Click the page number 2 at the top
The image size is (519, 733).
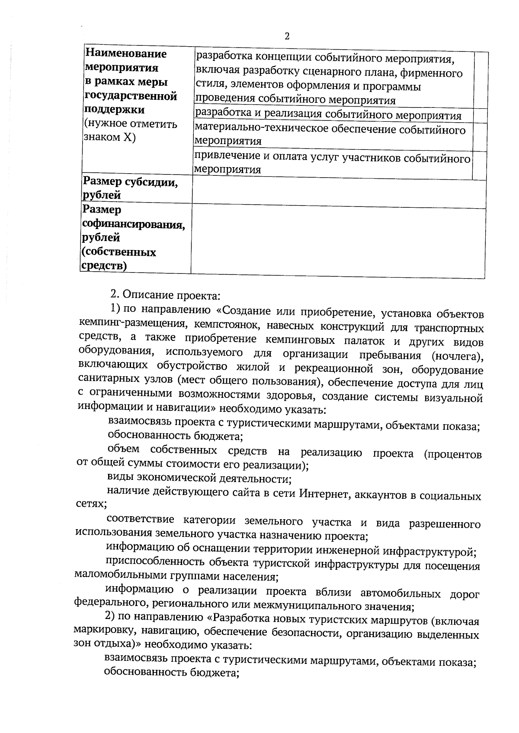point(286,36)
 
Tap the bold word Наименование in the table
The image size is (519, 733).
point(126,54)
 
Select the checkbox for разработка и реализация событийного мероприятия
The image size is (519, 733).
point(480,115)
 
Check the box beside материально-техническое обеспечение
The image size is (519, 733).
point(480,136)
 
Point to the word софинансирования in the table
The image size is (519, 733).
point(133,224)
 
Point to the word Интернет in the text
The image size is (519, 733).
point(324,495)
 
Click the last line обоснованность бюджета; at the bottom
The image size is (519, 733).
point(172,673)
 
